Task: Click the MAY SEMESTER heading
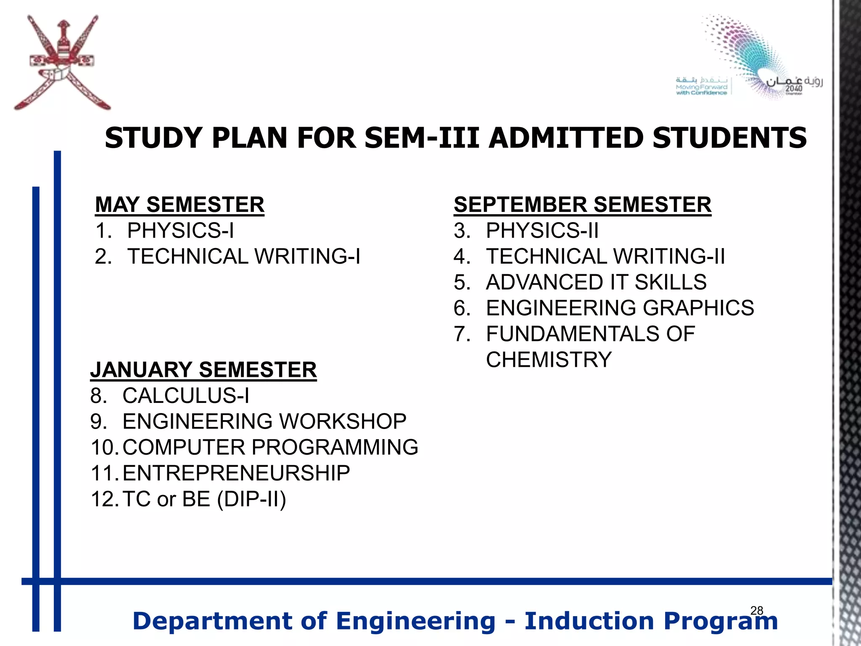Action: click(180, 205)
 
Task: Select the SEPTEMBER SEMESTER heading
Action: click(582, 205)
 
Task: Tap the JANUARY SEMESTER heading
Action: click(203, 370)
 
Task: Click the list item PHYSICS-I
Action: click(180, 230)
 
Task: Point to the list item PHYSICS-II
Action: click(542, 230)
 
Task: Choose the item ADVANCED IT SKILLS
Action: click(596, 282)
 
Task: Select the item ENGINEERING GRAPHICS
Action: click(620, 308)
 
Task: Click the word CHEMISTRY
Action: click(549, 360)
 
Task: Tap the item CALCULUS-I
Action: click(185, 396)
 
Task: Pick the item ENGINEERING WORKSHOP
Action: click(264, 421)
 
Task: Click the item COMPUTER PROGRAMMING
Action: click(270, 447)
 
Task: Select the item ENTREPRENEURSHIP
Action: click(236, 473)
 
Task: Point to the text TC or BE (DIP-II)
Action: click(204, 499)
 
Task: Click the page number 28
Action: click(756, 610)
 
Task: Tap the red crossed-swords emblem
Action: click(62, 63)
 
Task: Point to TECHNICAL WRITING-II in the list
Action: click(605, 257)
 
